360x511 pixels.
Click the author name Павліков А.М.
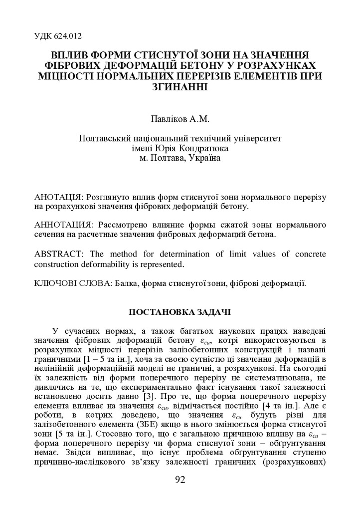(180, 120)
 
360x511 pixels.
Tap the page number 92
(180, 480)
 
